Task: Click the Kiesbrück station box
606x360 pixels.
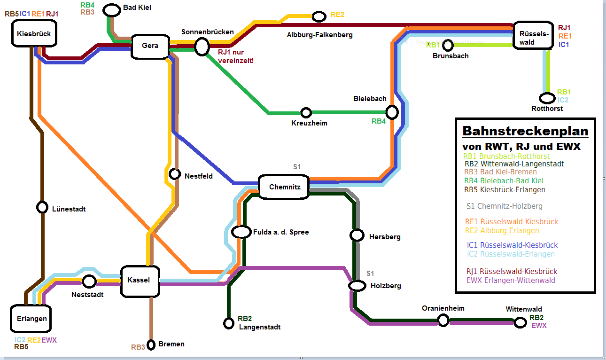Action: click(33, 34)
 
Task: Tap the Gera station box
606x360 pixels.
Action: click(150, 46)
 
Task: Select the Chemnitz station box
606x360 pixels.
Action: click(284, 187)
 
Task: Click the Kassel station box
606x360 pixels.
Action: click(140, 281)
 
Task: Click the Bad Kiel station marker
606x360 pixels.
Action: click(112, 9)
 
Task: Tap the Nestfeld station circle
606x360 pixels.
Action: click(175, 174)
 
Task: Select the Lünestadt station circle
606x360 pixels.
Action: click(42, 207)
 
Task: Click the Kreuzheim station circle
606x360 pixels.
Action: click(306, 113)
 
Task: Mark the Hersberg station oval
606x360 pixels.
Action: click(357, 235)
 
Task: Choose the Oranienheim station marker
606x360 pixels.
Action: click(443, 320)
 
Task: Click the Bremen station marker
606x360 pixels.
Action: click(151, 345)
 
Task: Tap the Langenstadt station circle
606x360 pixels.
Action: click(229, 323)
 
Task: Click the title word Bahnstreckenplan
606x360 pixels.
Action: click(525, 131)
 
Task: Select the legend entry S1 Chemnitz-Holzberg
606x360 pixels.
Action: click(504, 206)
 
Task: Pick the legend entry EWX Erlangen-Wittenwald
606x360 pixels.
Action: click(511, 281)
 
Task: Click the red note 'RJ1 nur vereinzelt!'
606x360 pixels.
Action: click(235, 56)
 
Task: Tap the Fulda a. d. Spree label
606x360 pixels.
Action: click(281, 232)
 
